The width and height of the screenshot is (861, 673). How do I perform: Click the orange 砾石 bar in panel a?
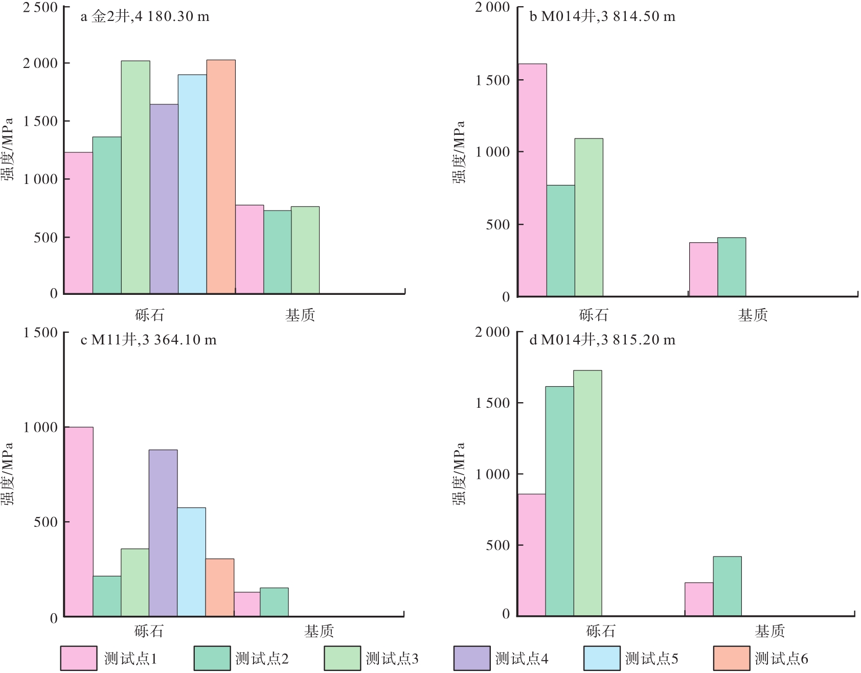pos(221,177)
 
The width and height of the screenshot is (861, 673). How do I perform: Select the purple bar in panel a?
pos(164,199)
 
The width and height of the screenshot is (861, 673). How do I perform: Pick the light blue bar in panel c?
pos(191,562)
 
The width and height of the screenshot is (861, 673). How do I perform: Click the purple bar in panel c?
pos(163,533)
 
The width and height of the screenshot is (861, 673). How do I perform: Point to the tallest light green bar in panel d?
pos(587,493)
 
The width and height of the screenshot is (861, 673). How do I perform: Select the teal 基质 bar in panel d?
pos(727,586)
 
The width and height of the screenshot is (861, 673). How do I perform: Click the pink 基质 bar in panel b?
pos(703,269)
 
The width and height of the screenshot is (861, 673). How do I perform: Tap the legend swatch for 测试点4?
pos(471,658)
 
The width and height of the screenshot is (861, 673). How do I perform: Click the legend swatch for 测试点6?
pos(731,658)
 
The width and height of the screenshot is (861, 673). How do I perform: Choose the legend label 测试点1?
pos(130,659)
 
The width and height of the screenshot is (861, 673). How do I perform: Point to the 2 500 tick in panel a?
pos(40,8)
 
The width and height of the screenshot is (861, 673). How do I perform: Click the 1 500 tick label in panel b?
pos(492,80)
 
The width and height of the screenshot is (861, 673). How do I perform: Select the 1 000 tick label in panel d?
pos(492,474)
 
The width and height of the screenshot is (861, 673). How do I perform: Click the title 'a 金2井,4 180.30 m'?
pos(145,17)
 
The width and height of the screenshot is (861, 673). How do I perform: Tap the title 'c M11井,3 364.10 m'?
pos(148,340)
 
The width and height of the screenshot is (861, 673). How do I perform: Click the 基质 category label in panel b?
pos(752,315)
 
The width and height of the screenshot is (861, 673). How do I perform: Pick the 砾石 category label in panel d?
pos(600,632)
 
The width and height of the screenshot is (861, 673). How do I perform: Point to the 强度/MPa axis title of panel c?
pos(7,474)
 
